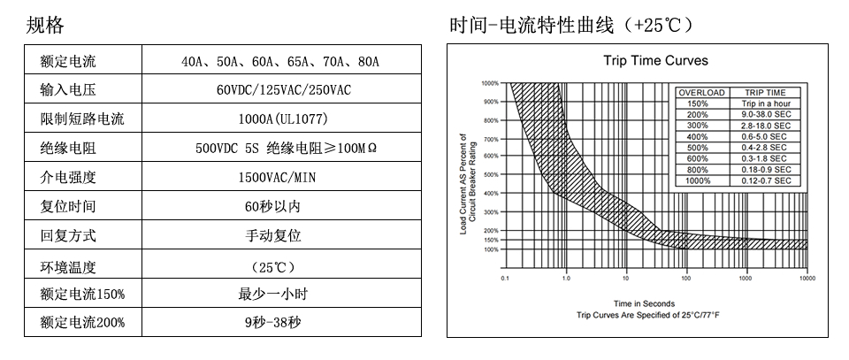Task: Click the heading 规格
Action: pyautogui.click(x=46, y=26)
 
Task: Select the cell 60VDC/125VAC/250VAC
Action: pyautogui.click(x=283, y=90)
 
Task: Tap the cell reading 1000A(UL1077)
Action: pyautogui.click(x=283, y=119)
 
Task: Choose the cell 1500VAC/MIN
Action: pyautogui.click(x=283, y=177)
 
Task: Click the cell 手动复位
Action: pyautogui.click(x=283, y=236)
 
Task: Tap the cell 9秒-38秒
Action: pyautogui.click(x=283, y=323)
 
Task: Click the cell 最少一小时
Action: pyautogui.click(x=283, y=294)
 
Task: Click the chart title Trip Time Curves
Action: pyautogui.click(x=655, y=61)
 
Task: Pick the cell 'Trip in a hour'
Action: pyautogui.click(x=765, y=103)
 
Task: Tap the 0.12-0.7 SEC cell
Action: pyautogui.click(x=765, y=180)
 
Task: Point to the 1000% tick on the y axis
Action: pyautogui.click(x=490, y=83)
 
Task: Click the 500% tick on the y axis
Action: pyautogui.click(x=491, y=175)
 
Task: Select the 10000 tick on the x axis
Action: pyautogui.click(x=807, y=279)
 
